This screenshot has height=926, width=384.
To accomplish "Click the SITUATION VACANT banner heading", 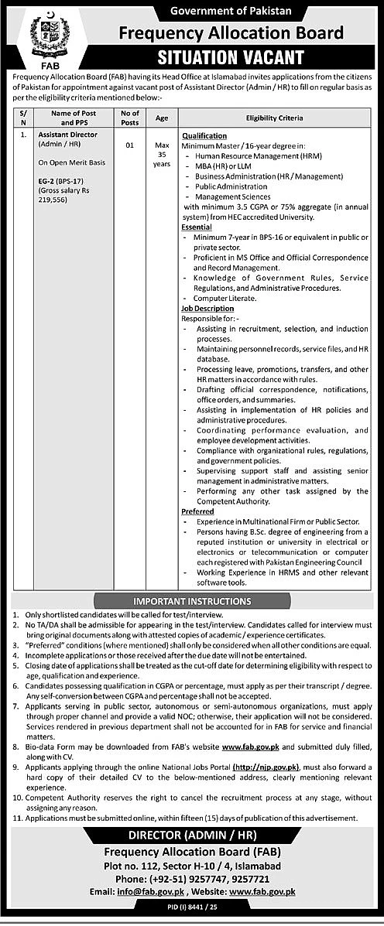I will [x=231, y=57].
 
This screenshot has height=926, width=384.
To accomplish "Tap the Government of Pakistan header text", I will [x=230, y=12].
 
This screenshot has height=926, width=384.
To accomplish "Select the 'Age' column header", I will [x=161, y=118].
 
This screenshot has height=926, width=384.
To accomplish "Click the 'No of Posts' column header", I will [x=129, y=118].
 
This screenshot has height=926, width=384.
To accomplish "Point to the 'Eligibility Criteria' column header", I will [x=274, y=118].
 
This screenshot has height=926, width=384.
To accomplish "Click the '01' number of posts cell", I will [x=129, y=145].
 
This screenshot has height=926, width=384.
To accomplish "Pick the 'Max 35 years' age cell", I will [x=161, y=154].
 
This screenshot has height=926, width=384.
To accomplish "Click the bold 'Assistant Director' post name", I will [x=66, y=134].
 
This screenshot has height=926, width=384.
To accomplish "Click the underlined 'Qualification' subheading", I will [x=204, y=135].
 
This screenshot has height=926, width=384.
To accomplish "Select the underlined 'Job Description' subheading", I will [x=207, y=309].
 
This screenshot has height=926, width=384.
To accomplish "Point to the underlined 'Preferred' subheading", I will [x=197, y=512].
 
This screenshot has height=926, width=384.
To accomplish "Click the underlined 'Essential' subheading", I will [x=197, y=228].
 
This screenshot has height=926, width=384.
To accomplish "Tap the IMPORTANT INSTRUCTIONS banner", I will [x=191, y=600].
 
